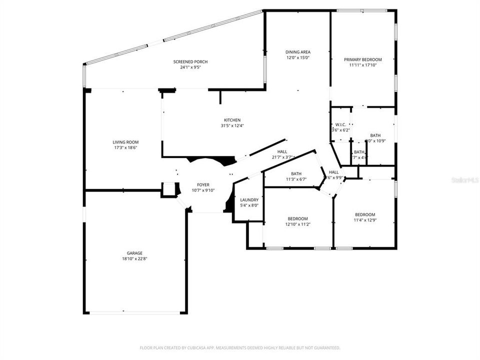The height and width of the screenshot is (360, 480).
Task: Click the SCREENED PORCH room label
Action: pyautogui.click(x=190, y=61)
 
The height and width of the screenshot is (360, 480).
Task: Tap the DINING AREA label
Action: pyautogui.click(x=298, y=52)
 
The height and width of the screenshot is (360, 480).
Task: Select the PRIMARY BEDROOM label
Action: pyautogui.click(x=363, y=59)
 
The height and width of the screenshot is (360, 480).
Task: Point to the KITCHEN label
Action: pyautogui.click(x=232, y=120)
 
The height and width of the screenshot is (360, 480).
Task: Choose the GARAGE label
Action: pyautogui.click(x=135, y=253)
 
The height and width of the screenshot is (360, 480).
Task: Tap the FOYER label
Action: pyautogui.click(x=203, y=184)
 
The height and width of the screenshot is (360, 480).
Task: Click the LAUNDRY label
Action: pyautogui.click(x=249, y=199)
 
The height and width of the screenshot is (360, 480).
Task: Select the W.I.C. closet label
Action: pyautogui.click(x=340, y=124)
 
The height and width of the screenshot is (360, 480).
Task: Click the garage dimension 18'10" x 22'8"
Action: pyautogui.click(x=135, y=259)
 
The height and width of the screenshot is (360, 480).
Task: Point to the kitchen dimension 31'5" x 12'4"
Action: pyautogui.click(x=232, y=125)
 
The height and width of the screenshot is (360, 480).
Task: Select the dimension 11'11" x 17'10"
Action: pyautogui.click(x=363, y=65)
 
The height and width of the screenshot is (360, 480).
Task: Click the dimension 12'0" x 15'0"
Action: pyautogui.click(x=298, y=57)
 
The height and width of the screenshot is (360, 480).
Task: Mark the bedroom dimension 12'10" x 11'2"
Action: pyautogui.click(x=297, y=224)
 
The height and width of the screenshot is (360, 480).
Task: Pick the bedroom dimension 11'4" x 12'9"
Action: pyautogui.click(x=365, y=220)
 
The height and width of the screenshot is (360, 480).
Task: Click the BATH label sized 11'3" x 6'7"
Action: pyautogui.click(x=296, y=174)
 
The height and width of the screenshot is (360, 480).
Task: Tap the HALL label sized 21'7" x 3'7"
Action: pyautogui.click(x=282, y=152)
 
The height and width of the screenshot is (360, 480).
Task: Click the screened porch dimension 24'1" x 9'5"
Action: pyautogui.click(x=190, y=67)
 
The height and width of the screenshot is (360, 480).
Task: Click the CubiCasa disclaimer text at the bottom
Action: pyautogui.click(x=240, y=347)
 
